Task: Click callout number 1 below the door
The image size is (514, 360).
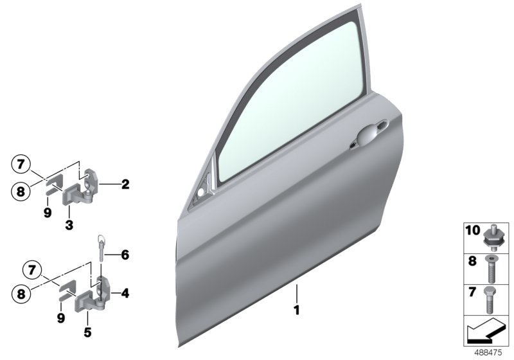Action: tap(297, 310)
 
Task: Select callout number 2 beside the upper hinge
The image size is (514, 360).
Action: tap(125, 184)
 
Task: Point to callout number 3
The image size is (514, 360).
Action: tap(69, 225)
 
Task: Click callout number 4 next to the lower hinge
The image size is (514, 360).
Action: tap(125, 255)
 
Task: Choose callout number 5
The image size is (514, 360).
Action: tap(87, 332)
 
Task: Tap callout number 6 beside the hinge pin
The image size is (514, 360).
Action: tap(125, 255)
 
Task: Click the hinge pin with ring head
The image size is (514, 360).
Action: tap(102, 248)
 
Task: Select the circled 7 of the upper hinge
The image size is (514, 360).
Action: tap(21, 164)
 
